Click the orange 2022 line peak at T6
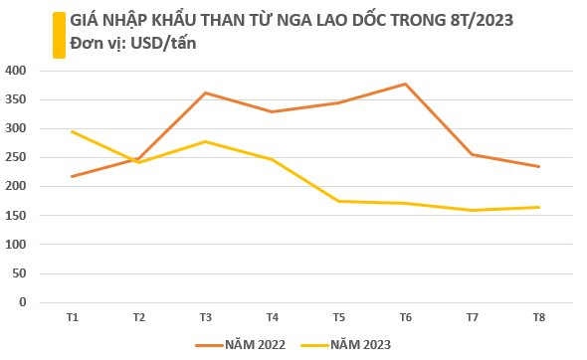(x=405, y=85)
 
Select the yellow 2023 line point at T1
(x=73, y=131)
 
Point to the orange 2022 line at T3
(x=205, y=93)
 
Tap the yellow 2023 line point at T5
(x=338, y=202)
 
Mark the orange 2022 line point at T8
(x=538, y=167)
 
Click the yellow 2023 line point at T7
(x=472, y=210)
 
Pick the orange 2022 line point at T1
(x=73, y=176)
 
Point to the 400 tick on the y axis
(x=17, y=71)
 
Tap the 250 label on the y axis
(x=17, y=157)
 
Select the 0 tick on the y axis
(x=24, y=302)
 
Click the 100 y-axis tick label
(x=17, y=245)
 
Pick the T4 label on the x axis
(x=272, y=317)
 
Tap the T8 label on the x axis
(x=538, y=317)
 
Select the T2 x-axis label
(x=138, y=317)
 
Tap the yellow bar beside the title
(x=59, y=35)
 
